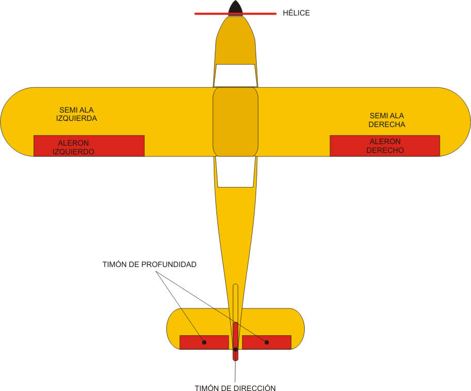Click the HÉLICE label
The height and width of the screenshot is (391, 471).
pos(296,13)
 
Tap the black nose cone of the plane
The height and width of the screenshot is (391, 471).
pos(235,8)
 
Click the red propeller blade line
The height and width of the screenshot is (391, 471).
pos(207,13)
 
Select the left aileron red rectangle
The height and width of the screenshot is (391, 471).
pos(89,146)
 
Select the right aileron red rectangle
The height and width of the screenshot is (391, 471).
pos(385,146)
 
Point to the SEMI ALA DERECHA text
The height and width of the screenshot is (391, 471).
pos(387,120)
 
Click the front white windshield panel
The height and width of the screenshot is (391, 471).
pos(235,75)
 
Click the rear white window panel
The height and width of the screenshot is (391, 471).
pos(235,171)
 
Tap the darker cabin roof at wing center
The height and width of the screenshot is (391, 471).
pos(235,121)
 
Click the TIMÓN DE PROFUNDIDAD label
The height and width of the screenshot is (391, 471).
pos(149,264)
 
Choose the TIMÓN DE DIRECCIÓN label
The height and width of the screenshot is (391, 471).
pos(235,388)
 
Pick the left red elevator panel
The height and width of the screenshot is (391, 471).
pos(204,342)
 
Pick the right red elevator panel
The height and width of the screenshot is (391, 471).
pos(266,342)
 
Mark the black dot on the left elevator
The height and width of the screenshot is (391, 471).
pos(204,342)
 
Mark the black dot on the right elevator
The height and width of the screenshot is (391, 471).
pos(267,342)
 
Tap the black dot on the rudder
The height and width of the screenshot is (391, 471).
pos(235,350)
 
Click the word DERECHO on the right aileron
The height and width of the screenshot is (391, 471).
pos(385,150)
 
